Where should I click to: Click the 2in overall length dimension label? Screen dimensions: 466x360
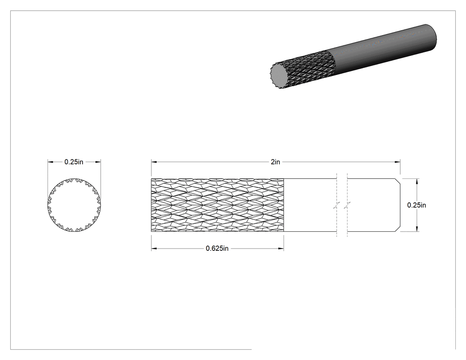[275, 162]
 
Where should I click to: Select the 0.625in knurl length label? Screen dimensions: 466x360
[217, 249]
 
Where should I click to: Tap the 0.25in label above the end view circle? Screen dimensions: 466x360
[74, 162]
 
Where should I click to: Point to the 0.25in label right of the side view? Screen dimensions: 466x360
[416, 205]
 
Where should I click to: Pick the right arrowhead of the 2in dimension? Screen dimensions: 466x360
[397, 162]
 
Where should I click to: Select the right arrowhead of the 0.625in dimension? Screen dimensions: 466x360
[281, 249]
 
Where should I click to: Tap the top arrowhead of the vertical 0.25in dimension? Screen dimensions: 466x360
[417, 182]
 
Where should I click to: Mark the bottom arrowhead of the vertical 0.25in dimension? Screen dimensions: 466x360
[417, 229]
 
